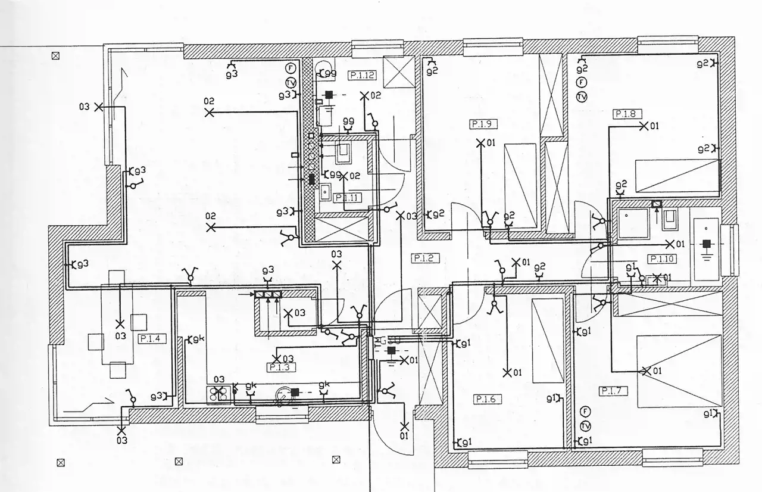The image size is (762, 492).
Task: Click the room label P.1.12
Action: pos(362,75)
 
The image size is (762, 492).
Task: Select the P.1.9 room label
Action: pos(483,124)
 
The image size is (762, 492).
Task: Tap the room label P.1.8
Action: pos(625,113)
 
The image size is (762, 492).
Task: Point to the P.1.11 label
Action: pos(348,197)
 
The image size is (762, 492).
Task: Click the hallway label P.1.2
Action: pos(425,258)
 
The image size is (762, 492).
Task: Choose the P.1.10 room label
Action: pos(661,259)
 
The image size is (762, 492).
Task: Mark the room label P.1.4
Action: pos(152,338)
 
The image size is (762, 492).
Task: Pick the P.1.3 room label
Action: pos(279,368)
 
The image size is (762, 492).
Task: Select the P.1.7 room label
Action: pos(613,391)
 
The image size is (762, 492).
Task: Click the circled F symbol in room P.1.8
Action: pos(582,83)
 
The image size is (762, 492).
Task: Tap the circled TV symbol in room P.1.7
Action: pos(585,426)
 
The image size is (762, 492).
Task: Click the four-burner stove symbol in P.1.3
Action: pos(218,394)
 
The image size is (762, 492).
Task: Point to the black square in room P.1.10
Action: pos(707,244)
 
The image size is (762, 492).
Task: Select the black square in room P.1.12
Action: pos(329,94)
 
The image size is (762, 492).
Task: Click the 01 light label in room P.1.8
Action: pos(654,126)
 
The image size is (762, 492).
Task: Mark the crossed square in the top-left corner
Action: pos(56,56)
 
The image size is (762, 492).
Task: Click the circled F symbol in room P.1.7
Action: pos(585,412)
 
